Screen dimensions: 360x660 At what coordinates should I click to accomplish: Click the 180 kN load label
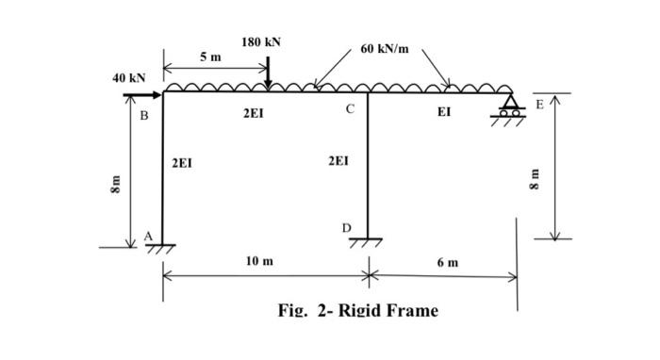point(260,42)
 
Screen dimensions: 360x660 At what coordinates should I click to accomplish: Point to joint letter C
point(349,110)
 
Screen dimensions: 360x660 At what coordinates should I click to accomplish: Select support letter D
point(346,228)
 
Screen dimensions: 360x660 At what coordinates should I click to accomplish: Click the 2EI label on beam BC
point(253,113)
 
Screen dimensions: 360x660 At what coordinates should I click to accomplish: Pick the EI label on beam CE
point(444,112)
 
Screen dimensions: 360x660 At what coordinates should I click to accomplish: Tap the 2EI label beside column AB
point(182,163)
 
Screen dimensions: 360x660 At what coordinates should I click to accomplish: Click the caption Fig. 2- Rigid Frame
point(357,310)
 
